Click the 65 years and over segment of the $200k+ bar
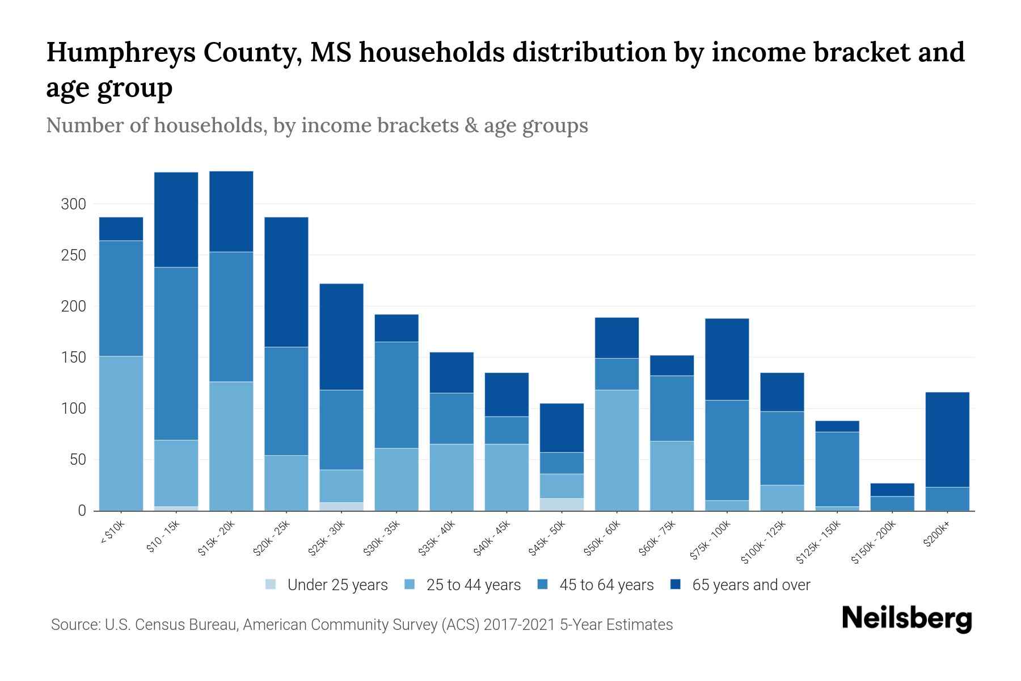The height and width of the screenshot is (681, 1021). [947, 439]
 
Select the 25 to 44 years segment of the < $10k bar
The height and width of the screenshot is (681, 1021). [121, 433]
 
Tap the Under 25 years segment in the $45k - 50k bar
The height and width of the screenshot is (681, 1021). [562, 505]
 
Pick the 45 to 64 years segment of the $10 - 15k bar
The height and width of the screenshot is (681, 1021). [176, 353]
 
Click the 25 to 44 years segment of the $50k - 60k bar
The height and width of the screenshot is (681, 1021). [617, 450]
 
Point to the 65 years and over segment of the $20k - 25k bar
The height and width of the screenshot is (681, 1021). [286, 281]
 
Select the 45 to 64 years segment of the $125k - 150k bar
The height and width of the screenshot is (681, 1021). [837, 469]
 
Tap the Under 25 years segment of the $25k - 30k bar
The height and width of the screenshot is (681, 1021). [341, 506]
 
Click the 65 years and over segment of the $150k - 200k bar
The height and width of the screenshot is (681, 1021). [892, 490]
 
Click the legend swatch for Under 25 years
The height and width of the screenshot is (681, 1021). [271, 585]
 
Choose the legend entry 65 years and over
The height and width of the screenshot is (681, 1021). [750, 585]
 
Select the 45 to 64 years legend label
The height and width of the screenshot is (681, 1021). [606, 585]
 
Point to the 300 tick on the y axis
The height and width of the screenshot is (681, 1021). [73, 204]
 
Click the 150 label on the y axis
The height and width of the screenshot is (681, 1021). [73, 358]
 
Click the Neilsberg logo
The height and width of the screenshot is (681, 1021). [906, 618]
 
